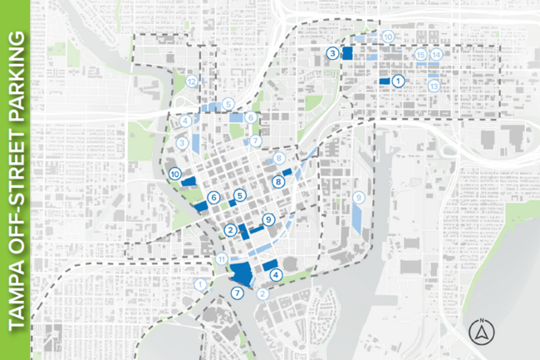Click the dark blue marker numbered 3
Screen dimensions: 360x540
[x=332, y=53]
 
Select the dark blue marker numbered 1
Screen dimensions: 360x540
[x=398, y=81]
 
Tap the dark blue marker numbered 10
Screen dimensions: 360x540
[x=174, y=175]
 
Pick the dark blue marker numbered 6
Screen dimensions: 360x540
[x=214, y=198]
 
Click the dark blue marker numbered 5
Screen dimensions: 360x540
[x=239, y=196]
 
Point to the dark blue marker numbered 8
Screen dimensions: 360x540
[x=279, y=181]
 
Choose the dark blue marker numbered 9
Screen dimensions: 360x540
[x=268, y=219]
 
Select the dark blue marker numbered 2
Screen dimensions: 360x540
[x=229, y=230]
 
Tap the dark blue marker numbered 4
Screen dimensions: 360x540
[x=275, y=275]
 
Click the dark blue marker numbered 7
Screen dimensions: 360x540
[x=238, y=293]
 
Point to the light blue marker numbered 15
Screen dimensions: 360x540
[x=421, y=55]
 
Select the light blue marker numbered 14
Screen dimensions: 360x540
[x=436, y=55]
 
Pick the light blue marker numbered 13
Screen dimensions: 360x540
[x=433, y=86]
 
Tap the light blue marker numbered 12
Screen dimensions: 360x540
[x=192, y=81]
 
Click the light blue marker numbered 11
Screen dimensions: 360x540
[x=220, y=260]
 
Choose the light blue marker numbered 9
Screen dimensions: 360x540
[x=358, y=198]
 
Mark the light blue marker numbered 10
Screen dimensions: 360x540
[x=387, y=37]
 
